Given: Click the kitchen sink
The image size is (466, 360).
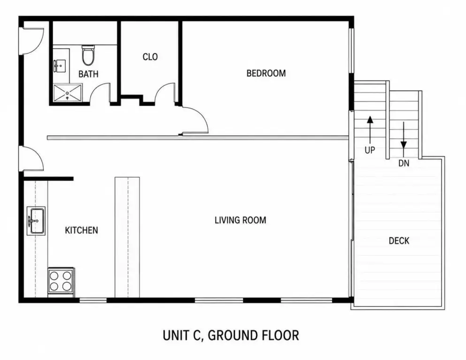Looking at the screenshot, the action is (36, 221).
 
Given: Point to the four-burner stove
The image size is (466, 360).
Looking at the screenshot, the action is (61, 281).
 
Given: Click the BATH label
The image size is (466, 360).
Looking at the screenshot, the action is (88, 74).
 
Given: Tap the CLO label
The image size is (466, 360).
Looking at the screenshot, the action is (150, 57).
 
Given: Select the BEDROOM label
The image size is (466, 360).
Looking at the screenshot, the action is (266, 73).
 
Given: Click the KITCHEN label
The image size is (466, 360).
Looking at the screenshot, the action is (82, 230).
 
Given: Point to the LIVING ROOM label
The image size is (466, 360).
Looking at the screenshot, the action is (241, 220).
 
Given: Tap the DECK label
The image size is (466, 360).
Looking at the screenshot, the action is (399, 240).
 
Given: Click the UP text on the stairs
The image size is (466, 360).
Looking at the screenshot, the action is (370, 150).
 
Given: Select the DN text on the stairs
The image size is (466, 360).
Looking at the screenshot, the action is (404, 163).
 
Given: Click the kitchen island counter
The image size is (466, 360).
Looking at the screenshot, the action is (127, 237).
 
